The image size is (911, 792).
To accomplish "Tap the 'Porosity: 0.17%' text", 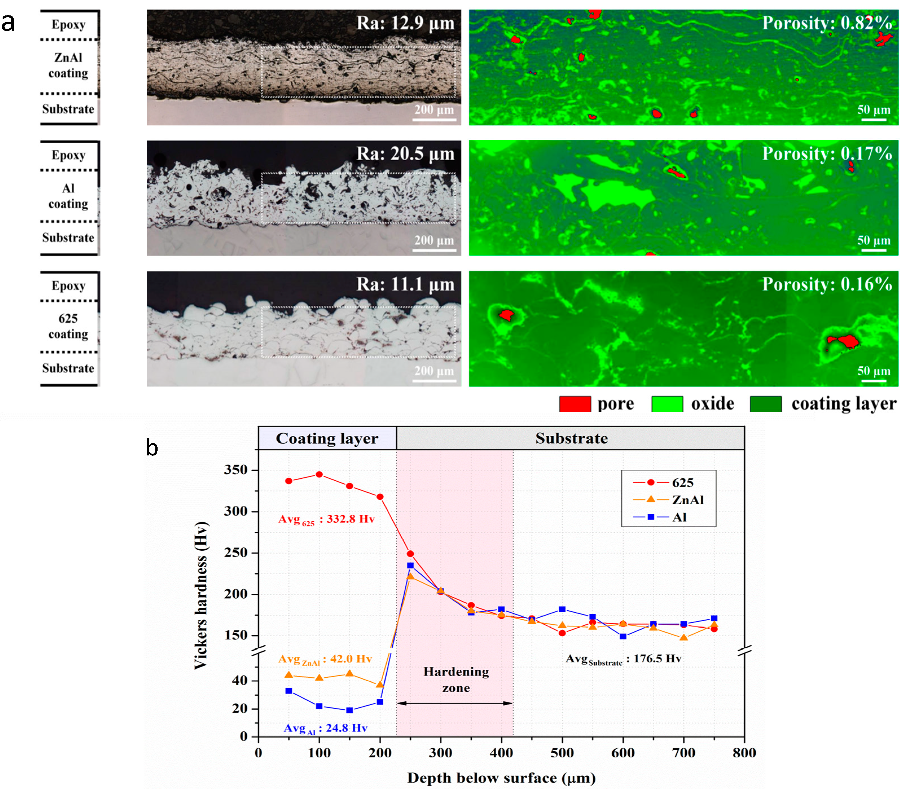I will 827,153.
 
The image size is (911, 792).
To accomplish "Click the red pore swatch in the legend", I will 575,404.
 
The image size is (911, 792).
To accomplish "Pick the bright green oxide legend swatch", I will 667,404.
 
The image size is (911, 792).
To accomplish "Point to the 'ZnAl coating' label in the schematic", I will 68,65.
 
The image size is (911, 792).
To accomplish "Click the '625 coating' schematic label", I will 68,326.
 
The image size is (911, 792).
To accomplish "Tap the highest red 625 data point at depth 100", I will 319,475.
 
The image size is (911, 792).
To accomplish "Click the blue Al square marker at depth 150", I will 349,710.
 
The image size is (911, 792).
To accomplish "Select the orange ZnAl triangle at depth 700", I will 683,638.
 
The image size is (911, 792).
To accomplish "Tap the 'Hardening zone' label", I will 456,680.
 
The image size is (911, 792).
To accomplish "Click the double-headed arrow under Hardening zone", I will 455,703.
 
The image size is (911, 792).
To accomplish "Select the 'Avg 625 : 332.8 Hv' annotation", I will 326,519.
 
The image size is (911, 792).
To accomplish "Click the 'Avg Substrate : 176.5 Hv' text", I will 623,659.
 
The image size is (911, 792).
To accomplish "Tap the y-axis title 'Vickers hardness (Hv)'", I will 201,595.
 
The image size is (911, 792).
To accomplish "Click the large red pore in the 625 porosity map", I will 845,341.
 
